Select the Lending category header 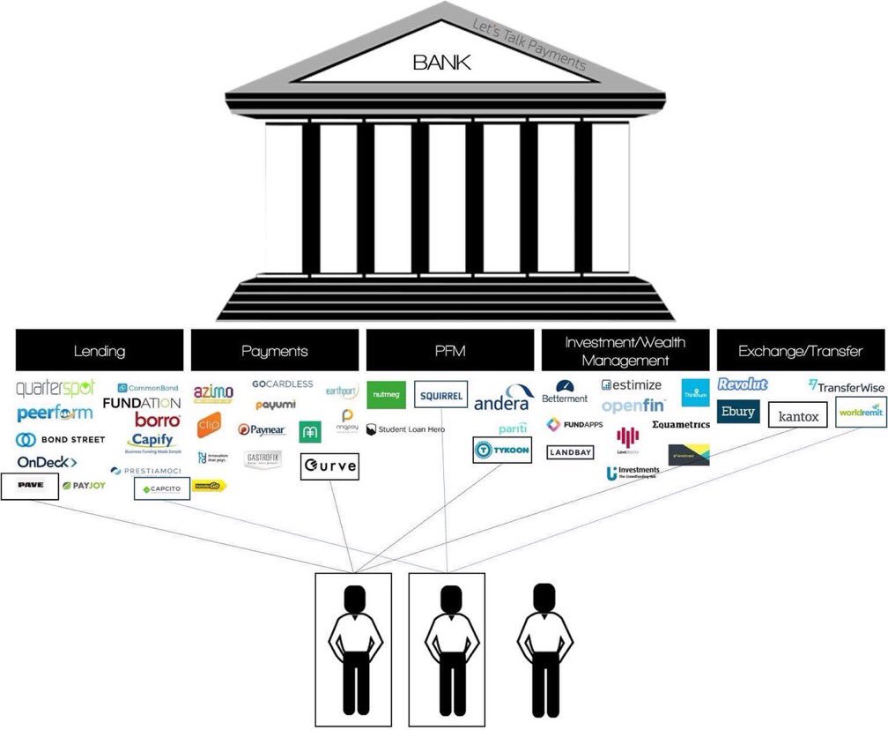[100, 351]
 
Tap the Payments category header [275, 351]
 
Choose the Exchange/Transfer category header [801, 351]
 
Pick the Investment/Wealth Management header [625, 351]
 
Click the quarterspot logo [55, 389]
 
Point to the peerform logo [55, 413]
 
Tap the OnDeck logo [47, 462]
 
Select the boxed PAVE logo [30, 486]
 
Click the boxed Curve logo [329, 466]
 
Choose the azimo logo [213, 391]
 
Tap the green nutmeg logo [386, 395]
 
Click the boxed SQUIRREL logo [440, 396]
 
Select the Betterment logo [565, 391]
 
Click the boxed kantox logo [798, 414]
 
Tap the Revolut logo [743, 384]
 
